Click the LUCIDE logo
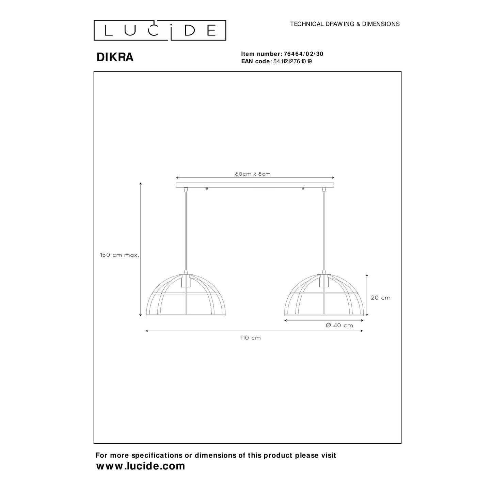(x=160, y=30)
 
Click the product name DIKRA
(x=115, y=58)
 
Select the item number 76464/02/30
(x=301, y=54)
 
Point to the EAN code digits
(x=293, y=62)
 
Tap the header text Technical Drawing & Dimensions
(x=345, y=24)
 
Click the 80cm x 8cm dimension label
(x=253, y=174)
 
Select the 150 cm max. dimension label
(x=120, y=255)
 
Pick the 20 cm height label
(x=381, y=298)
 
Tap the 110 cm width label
(x=251, y=338)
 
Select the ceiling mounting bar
(x=255, y=185)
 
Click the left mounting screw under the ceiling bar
(x=206, y=189)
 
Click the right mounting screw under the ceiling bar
(x=303, y=189)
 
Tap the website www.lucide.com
(x=141, y=466)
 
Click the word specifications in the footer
(x=154, y=455)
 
